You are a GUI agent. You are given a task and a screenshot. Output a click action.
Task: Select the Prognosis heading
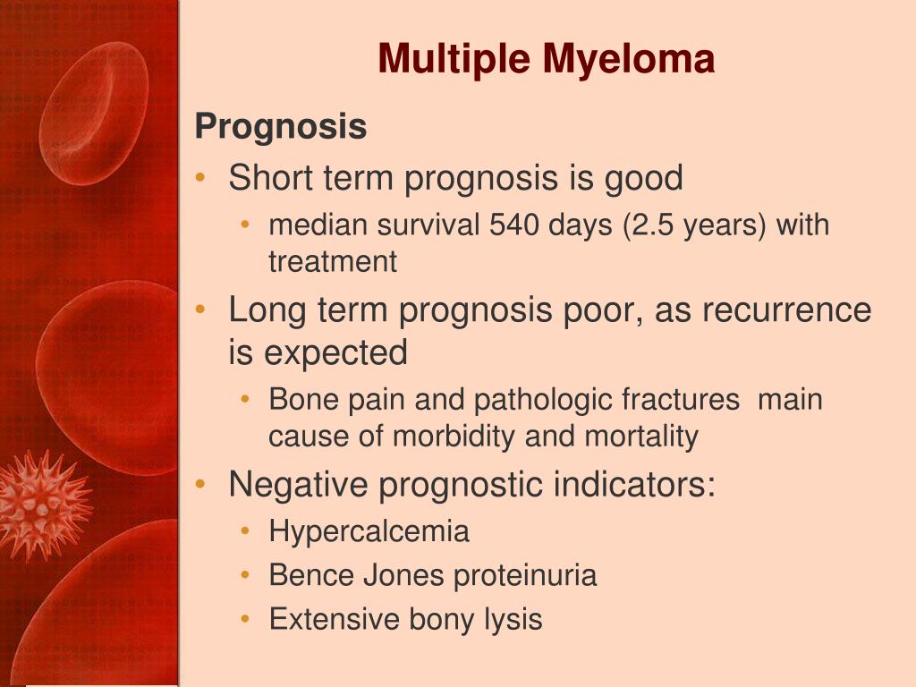281,127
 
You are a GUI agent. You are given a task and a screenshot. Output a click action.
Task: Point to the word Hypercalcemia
369,531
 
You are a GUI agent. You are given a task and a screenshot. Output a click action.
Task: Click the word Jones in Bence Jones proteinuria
403,575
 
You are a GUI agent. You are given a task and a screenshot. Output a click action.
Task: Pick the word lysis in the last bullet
513,620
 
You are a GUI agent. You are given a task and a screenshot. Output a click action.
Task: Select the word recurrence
787,310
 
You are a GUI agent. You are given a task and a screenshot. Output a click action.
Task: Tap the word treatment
333,262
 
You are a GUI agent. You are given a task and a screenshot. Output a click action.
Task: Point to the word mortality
641,437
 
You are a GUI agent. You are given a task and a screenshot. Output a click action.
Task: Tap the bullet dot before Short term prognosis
201,178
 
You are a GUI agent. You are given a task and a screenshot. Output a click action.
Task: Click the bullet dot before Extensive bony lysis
245,619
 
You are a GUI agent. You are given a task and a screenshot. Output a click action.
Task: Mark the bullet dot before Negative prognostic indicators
201,484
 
